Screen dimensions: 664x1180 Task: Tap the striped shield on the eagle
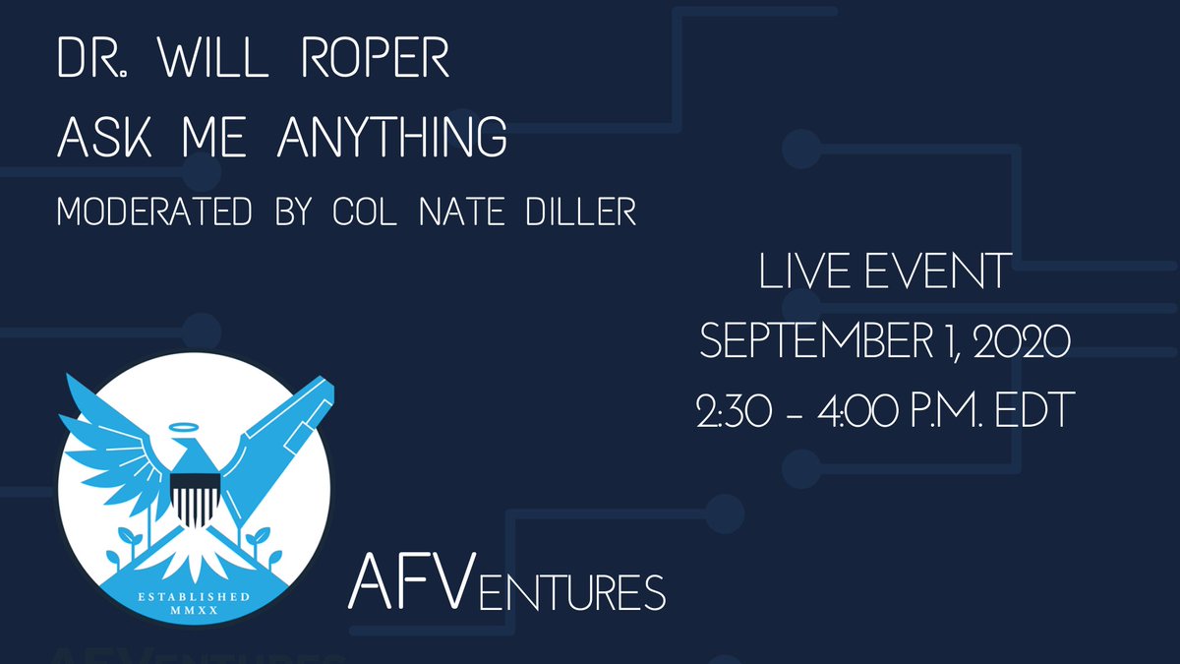(193, 497)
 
